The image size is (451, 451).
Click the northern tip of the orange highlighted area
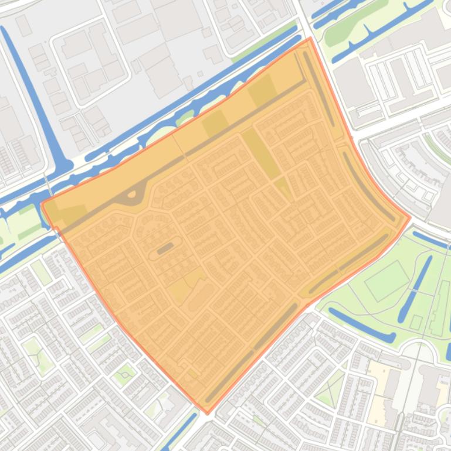(310, 39)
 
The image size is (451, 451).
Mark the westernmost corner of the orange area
(43, 203)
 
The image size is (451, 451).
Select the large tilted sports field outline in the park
(388, 281)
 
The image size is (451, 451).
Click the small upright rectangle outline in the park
(416, 322)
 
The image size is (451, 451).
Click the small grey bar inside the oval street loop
(165, 248)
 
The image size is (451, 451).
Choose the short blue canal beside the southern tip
(182, 430)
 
